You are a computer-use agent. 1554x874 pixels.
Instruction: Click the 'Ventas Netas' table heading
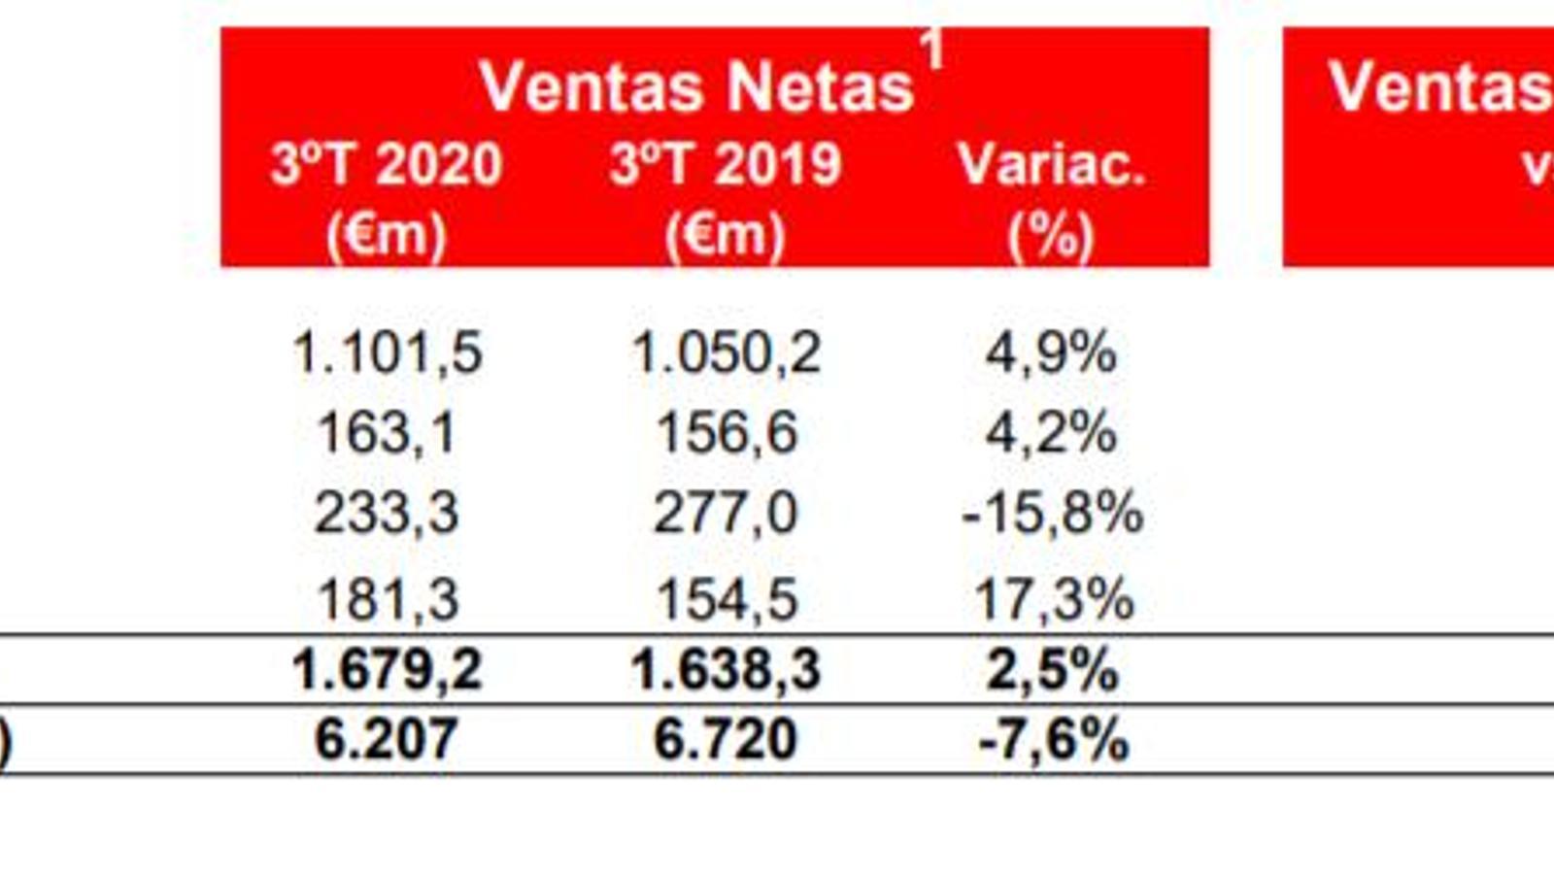click(696, 87)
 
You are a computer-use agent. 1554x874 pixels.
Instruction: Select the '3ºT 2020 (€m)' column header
click(387, 199)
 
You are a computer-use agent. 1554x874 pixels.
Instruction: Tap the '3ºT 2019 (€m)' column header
click(726, 199)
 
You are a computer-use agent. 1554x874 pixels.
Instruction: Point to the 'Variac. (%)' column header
click(1052, 199)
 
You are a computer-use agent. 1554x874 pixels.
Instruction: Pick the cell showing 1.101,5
click(387, 353)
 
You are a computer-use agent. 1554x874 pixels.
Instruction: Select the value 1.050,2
click(726, 353)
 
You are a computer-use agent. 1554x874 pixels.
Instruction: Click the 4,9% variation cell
click(1051, 353)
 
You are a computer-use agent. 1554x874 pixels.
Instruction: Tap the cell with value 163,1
click(387, 433)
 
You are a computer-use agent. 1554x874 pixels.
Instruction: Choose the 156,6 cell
click(726, 433)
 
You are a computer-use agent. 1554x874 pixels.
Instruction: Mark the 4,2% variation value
click(1051, 433)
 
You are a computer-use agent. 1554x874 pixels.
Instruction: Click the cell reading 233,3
click(387, 513)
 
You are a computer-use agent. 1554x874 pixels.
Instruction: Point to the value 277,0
click(726, 513)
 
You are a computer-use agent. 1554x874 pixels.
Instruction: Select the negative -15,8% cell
click(1052, 513)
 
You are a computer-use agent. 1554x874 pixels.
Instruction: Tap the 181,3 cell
click(387, 599)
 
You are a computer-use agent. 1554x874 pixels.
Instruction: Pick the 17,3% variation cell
click(1054, 599)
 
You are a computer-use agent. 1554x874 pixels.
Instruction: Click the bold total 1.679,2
click(387, 670)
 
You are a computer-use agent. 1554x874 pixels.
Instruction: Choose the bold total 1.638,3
click(726, 670)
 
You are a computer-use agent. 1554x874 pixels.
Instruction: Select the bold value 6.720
click(726, 740)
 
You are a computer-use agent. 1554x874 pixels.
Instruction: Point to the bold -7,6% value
click(1054, 740)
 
